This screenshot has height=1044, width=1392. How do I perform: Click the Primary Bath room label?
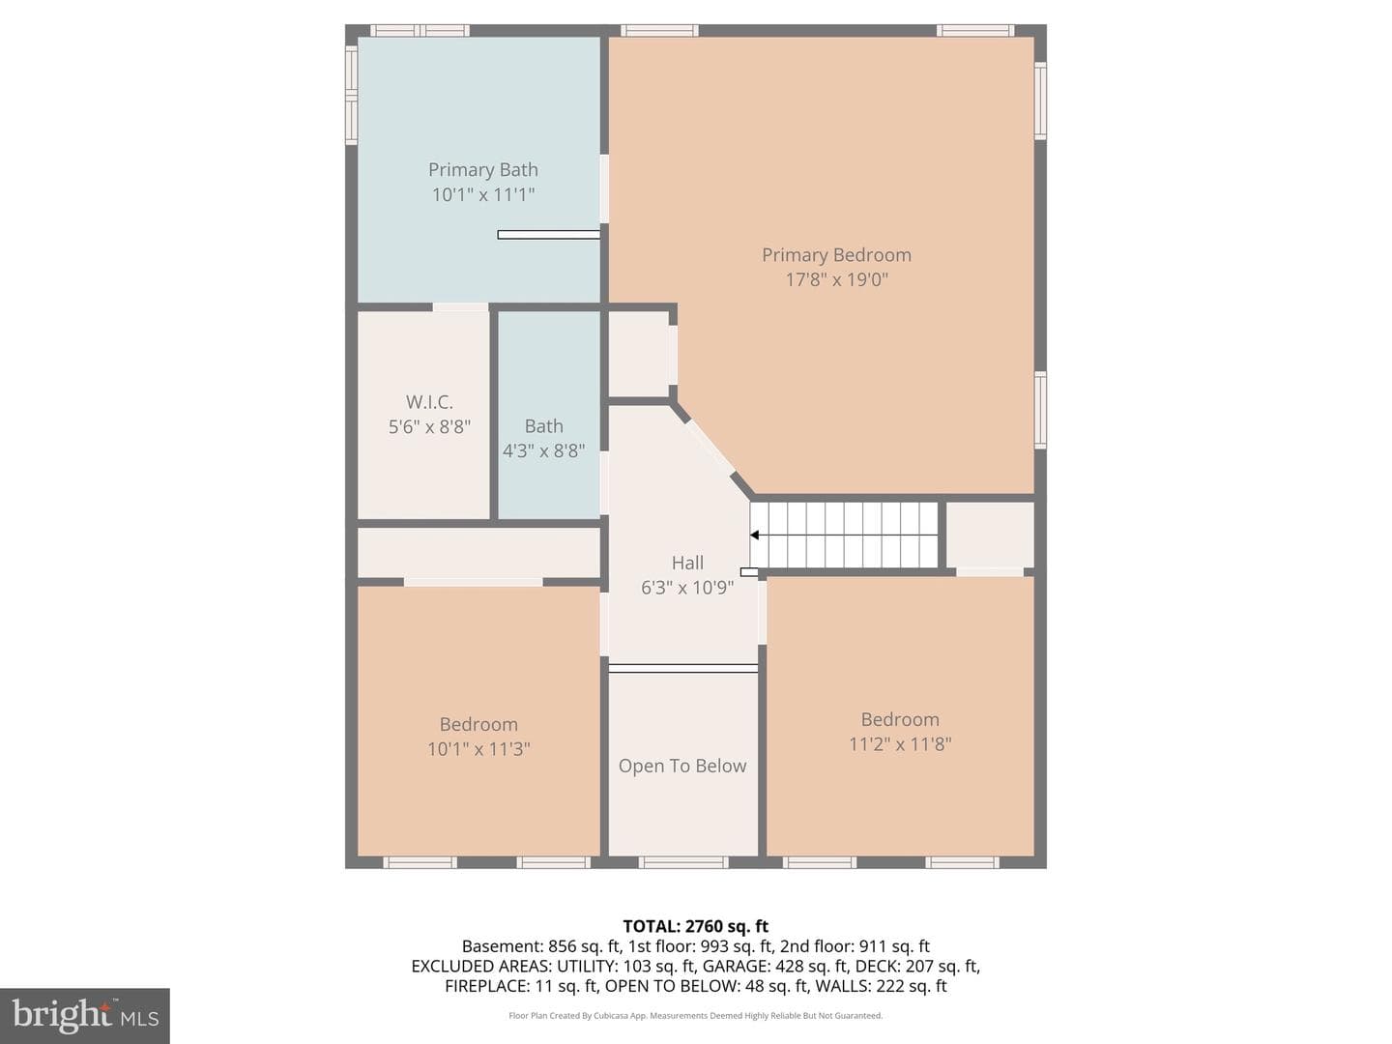482,170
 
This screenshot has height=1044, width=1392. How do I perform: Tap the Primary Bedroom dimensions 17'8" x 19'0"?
836,279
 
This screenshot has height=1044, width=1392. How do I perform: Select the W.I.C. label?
429,402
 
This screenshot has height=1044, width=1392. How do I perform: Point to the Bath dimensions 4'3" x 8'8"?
543,450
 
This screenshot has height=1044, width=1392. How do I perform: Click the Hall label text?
687,563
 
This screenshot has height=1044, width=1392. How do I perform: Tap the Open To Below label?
682,766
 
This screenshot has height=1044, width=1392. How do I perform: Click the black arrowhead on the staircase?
755,536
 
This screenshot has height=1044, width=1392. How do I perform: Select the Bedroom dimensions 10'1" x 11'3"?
478,748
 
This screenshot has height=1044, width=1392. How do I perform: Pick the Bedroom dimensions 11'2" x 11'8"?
900,743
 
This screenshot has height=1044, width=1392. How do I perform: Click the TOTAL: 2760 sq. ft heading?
696,926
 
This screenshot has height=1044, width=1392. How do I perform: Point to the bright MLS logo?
85,1015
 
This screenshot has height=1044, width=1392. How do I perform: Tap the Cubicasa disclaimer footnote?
696,1015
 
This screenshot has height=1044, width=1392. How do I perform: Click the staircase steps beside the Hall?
844,536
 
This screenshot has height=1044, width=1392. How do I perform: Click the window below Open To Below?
683,862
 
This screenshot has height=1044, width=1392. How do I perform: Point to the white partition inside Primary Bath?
548,235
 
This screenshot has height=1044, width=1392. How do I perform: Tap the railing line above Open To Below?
683,668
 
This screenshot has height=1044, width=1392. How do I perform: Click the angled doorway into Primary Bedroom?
710,447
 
